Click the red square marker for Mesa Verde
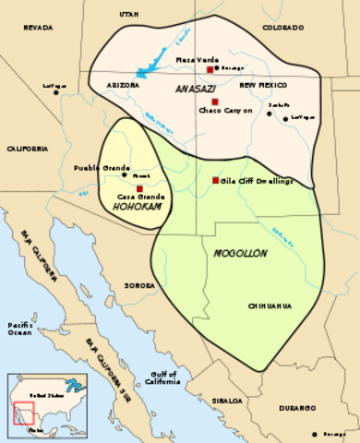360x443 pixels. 210,69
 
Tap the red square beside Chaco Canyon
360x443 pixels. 216,101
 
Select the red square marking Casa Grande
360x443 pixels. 139,188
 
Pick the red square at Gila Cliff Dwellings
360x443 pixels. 216,180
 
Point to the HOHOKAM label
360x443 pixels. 132,207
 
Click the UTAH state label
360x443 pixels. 128,16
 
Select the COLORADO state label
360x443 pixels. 282,29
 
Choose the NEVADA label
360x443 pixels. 38,29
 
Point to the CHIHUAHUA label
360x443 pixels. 270,305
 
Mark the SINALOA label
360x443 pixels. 223,401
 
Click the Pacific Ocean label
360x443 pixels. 21,329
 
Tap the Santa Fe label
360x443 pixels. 278,106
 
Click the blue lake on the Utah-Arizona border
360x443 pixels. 148,70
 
